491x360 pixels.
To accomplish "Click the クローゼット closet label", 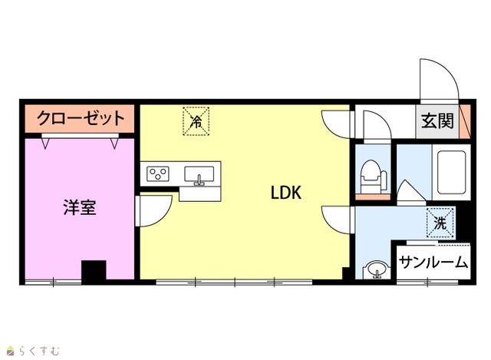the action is coord(81,118).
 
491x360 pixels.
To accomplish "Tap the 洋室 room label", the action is coord(80,207).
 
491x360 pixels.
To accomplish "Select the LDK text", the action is coord(286,193).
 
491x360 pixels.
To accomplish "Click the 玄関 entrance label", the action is coord(437,121).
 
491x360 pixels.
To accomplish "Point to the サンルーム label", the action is coord(433,263).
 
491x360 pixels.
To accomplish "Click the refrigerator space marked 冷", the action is coord(196,121).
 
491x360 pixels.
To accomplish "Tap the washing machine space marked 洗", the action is coord(440,223).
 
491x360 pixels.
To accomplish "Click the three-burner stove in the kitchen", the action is coord(158,174).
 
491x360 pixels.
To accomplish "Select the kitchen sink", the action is coord(199,175).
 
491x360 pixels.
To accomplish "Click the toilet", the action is coord(374,177).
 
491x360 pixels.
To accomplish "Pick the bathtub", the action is coord(451,172).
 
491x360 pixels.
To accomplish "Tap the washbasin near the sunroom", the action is coord(377,269).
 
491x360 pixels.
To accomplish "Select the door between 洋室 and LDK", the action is coord(153,210).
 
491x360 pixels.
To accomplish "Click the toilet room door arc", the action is coord(377,126).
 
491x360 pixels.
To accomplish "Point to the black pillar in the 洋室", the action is coord(94,272).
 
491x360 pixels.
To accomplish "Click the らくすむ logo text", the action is coord(39,351).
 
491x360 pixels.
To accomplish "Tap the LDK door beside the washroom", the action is coord(336,220).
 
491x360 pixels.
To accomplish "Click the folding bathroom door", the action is coord(412,192).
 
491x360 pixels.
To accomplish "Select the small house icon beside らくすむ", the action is coord(11,351).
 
